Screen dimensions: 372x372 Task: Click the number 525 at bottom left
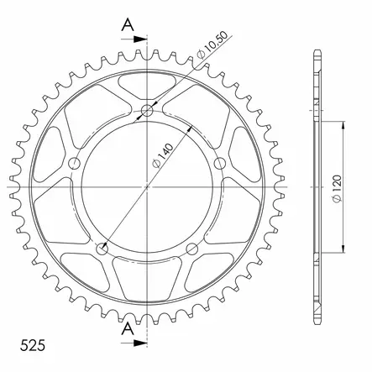(33, 345)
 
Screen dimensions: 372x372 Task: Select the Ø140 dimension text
(162, 156)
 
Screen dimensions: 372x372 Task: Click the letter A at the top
(128, 24)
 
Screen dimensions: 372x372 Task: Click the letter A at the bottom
(128, 328)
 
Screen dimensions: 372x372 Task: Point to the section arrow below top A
(134, 39)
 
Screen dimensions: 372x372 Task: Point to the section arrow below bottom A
(134, 343)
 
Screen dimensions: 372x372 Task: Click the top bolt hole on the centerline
(147, 111)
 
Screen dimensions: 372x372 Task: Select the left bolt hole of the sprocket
(75, 163)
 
